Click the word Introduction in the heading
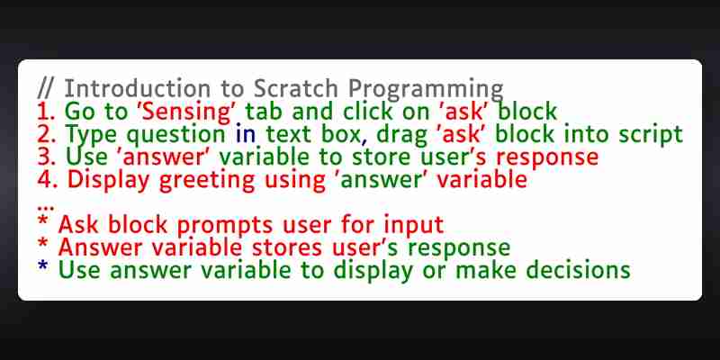(x=138, y=88)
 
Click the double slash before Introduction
(x=45, y=88)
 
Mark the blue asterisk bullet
(x=42, y=266)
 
